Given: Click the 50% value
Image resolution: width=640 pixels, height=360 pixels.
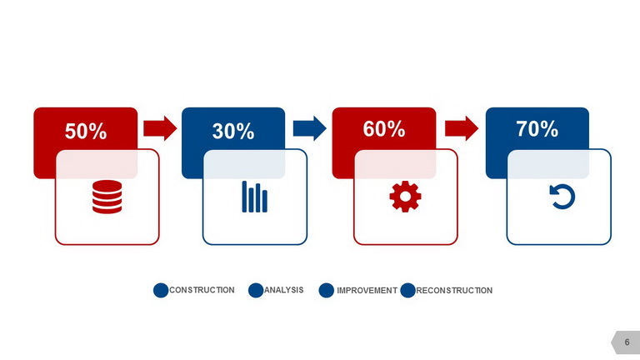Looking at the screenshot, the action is point(86,132).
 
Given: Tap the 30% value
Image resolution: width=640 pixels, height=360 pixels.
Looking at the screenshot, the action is point(233,132).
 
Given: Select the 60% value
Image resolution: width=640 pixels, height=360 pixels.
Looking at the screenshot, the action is point(384,129).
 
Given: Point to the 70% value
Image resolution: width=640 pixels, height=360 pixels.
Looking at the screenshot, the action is point(537,129).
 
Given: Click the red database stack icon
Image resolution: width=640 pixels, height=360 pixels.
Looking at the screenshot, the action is point(107,197).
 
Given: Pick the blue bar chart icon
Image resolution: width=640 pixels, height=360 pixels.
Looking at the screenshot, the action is point(255,197).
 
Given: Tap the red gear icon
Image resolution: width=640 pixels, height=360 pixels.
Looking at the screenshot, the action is point(405,197).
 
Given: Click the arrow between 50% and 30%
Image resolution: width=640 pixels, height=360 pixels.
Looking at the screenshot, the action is point(160,128).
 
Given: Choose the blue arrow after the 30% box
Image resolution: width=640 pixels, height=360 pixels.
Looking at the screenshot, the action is point(310,128).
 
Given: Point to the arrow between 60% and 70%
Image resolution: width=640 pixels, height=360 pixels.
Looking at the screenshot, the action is point(462,128).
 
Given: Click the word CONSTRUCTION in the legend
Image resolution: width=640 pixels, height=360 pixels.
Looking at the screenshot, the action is point(202,290).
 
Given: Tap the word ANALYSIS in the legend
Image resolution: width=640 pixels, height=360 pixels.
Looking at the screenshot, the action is point(284,290).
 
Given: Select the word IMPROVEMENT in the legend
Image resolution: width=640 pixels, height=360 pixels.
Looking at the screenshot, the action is point(367,291).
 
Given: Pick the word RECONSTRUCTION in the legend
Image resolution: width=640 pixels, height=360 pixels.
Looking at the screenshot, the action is point(454,291).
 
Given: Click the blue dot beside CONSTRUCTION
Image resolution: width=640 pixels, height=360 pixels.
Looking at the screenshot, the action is point(161,290).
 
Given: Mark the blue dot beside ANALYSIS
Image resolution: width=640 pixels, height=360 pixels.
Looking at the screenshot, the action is point(256,290).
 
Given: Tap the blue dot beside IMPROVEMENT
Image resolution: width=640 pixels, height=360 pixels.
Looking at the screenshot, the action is point(326,290).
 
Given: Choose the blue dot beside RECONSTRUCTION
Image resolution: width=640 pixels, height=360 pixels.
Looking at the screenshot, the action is point(407,290).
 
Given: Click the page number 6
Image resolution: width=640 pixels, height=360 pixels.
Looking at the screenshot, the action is point(627,342).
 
